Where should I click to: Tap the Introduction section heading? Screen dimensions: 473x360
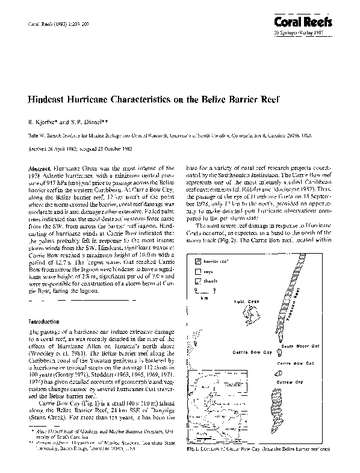(x=46, y=322)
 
